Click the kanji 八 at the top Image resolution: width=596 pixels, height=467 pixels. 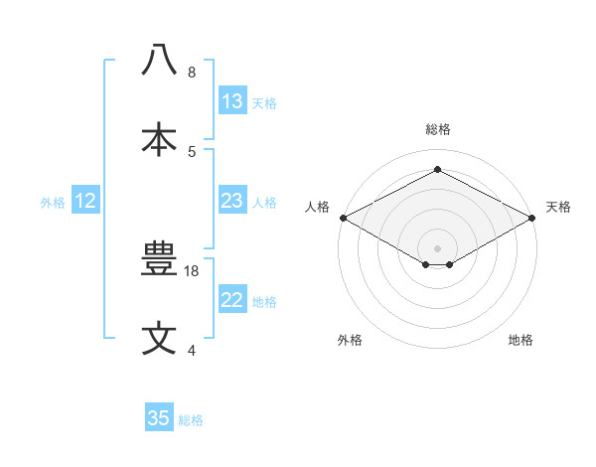tap(159, 60)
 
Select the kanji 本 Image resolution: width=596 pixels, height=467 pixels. tap(159, 139)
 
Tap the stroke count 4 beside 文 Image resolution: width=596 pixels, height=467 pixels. tap(192, 351)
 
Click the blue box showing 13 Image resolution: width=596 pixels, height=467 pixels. tap(232, 101)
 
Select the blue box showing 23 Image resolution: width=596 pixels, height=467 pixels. tap(232, 201)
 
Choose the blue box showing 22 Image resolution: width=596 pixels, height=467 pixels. tap(232, 300)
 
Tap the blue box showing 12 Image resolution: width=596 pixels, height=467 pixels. tap(85, 201)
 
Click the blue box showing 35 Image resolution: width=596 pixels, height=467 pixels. tap(159, 418)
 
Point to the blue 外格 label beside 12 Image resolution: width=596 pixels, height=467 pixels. tap(53, 203)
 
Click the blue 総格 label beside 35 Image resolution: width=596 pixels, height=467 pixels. tap(191, 420)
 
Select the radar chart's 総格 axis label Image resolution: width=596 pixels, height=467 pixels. tap(437, 129)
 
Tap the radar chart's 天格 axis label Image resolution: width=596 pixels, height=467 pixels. tap(558, 207)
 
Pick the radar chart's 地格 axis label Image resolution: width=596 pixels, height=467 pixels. tap(521, 340)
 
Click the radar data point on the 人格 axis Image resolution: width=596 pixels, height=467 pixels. tap(343, 218)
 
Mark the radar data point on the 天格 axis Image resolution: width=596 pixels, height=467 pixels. tap(532, 218)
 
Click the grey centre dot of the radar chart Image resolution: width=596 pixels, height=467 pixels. tap(437, 247)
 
